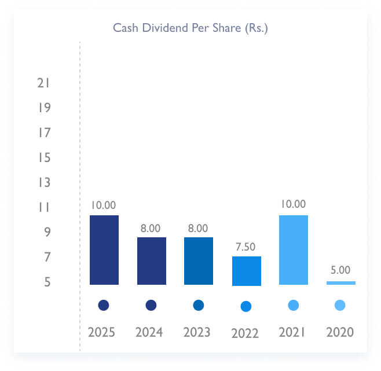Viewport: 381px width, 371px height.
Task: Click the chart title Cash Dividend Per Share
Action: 190,28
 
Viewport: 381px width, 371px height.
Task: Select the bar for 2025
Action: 104,249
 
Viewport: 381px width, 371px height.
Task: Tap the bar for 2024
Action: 151,260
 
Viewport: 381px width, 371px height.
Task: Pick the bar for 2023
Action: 199,260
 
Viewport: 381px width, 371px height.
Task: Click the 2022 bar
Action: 246,271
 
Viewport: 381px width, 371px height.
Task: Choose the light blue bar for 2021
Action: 293,249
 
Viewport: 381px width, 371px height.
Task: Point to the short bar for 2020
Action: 340,282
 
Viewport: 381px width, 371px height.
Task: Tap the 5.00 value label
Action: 340,270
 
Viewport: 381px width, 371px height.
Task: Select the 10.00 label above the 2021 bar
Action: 293,204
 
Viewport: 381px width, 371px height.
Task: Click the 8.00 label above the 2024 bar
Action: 151,228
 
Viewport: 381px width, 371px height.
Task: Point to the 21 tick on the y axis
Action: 43,83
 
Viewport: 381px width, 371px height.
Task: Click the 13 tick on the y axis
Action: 43,183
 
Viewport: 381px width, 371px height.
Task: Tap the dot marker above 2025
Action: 104,305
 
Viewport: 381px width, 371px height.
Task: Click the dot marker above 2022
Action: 246,306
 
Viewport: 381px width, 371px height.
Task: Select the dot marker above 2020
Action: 340,305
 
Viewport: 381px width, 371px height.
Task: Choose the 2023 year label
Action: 198,332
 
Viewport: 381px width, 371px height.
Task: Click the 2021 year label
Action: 293,332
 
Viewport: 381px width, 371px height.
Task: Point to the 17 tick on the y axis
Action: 43,133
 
